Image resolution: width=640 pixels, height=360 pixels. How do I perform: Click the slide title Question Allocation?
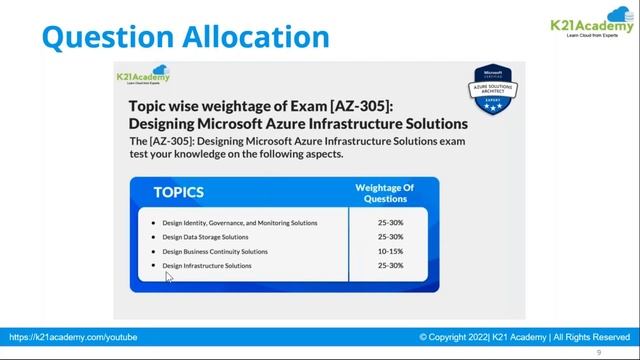click(x=186, y=37)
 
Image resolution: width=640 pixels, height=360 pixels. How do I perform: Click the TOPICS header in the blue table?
click(x=179, y=192)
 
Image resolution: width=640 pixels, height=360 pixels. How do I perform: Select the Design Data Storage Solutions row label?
click(x=205, y=237)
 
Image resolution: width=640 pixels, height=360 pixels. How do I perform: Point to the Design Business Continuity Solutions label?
click(x=215, y=252)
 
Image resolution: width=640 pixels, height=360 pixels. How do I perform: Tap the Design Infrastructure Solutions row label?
click(x=207, y=266)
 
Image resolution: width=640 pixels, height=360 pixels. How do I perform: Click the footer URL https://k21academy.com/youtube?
click(x=74, y=338)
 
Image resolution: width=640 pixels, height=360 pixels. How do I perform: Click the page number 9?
click(x=598, y=353)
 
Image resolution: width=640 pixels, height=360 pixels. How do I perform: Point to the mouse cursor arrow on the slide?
click(x=169, y=277)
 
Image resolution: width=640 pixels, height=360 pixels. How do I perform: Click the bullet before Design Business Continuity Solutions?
click(x=152, y=252)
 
